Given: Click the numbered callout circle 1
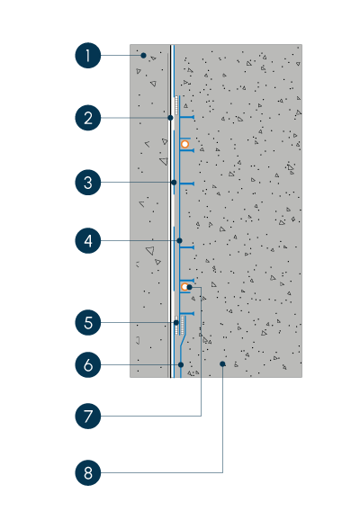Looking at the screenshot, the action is [x=88, y=56].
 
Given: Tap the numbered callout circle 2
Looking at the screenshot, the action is [x=88, y=118].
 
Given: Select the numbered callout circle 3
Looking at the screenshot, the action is [x=88, y=183].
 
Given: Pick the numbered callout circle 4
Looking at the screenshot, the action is [x=88, y=240].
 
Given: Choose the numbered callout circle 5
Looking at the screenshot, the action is [x=88, y=322].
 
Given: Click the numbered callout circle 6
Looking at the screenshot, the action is [x=88, y=364].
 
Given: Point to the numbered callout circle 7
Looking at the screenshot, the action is [x=88, y=416].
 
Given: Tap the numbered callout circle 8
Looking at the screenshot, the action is [x=88, y=472].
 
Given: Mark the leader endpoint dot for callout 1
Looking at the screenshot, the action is [x=143, y=56].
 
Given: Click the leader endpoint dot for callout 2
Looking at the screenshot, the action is [x=170, y=118].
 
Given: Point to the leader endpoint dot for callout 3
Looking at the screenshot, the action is [x=174, y=183].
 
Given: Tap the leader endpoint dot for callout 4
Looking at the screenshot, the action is [x=179, y=240].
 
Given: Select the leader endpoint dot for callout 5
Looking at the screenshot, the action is [x=176, y=322].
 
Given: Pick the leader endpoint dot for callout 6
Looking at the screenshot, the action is [x=181, y=364].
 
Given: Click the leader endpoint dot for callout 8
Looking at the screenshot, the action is [x=222, y=364].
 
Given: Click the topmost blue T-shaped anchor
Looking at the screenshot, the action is [x=187, y=117].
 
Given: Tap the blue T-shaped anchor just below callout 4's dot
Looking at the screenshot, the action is [x=187, y=247].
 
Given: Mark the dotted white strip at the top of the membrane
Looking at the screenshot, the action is [x=176, y=105].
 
